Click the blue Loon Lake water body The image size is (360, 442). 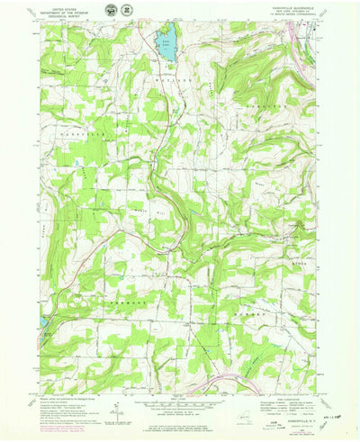166,45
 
